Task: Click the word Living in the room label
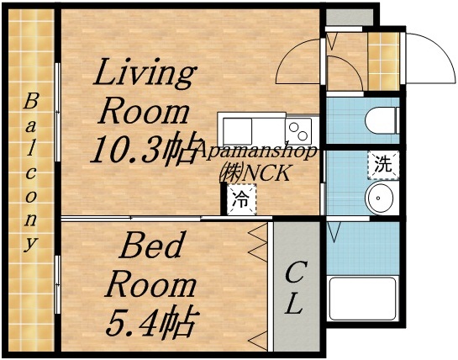coord(142,73)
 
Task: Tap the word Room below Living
coord(141,112)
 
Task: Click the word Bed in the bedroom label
coord(151,247)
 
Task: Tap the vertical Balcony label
coord(31,172)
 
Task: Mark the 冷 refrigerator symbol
coord(241,200)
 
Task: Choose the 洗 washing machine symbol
coord(382,164)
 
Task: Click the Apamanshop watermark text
coord(256,152)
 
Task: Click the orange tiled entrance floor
coord(385,61)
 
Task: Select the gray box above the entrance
coord(348,15)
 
